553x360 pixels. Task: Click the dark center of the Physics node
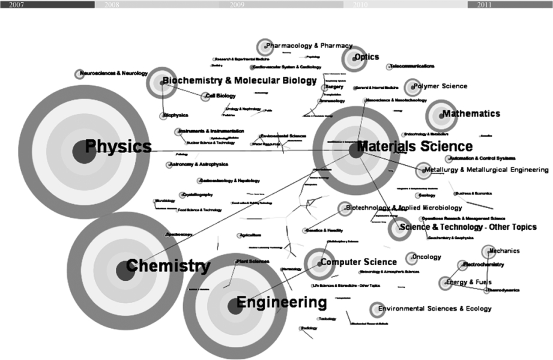pos(82,151)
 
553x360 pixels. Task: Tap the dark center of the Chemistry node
pos(125,270)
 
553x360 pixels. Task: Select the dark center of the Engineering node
pos(235,306)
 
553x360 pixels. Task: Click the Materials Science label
pos(414,146)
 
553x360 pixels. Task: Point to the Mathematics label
pos(471,113)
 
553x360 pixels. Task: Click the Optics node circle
pos(354,58)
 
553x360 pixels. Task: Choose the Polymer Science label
pos(440,86)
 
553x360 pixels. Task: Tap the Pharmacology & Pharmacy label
pos(309,45)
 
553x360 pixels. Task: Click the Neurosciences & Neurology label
pos(113,73)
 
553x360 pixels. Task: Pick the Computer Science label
pos(358,262)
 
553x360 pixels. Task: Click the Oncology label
pos(426,257)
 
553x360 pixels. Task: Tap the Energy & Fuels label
pos(472,281)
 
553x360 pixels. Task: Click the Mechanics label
pos(504,251)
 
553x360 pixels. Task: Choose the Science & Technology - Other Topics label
pos(468,227)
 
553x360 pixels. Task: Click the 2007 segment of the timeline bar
pos(47,4)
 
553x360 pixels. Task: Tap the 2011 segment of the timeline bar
pos(510,4)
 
